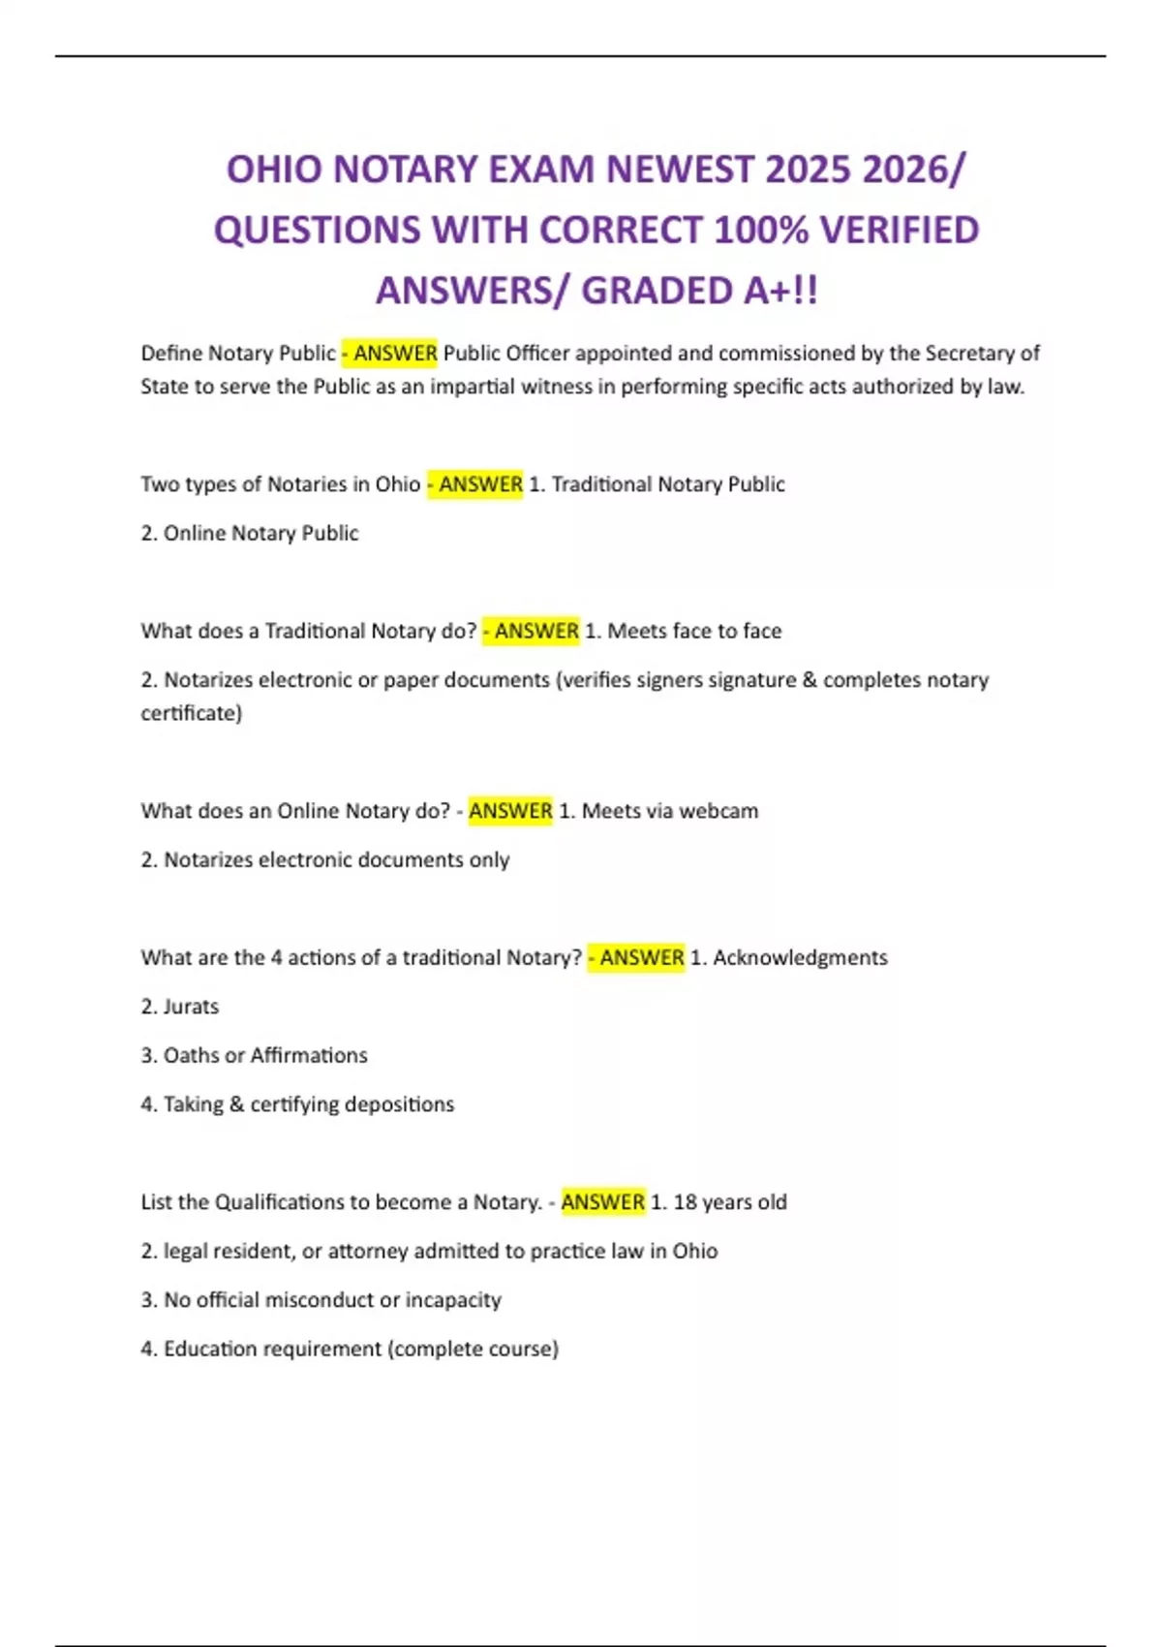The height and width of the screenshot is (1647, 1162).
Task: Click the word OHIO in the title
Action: pos(273,170)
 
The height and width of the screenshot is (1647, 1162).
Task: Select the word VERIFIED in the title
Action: pos(899,231)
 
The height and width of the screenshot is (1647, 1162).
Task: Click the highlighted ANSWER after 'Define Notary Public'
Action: pos(395,354)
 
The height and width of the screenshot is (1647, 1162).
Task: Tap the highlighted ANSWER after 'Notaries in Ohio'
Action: pos(480,484)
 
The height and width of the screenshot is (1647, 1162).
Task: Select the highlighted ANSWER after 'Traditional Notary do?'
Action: pos(536,631)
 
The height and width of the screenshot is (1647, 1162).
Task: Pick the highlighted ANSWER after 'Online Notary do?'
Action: pos(510,811)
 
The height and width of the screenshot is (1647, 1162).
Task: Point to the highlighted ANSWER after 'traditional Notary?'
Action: pos(641,957)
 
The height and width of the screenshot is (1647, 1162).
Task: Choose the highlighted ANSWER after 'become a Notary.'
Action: pos(602,1202)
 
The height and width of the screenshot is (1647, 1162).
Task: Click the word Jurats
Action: pos(191,1007)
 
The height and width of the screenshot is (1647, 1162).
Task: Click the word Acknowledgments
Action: pos(800,957)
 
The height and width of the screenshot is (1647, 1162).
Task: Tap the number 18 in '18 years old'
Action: pos(685,1202)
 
